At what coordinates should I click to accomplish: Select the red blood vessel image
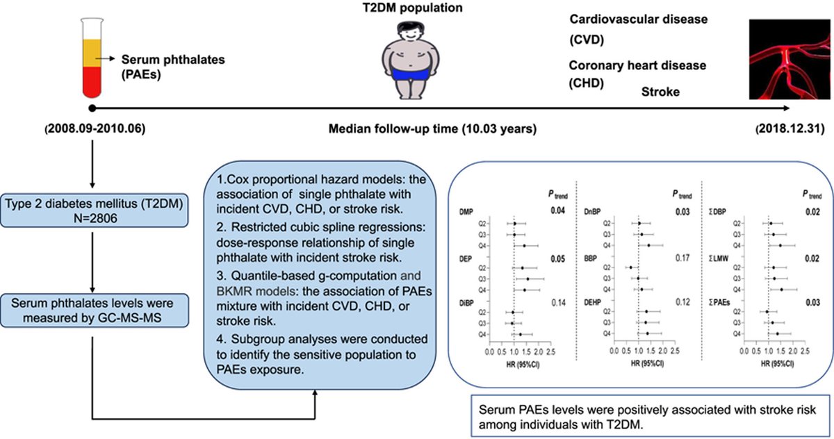pos(788,60)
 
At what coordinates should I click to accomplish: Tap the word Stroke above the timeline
pos(660,92)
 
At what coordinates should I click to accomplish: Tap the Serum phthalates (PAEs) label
pos(163,66)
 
